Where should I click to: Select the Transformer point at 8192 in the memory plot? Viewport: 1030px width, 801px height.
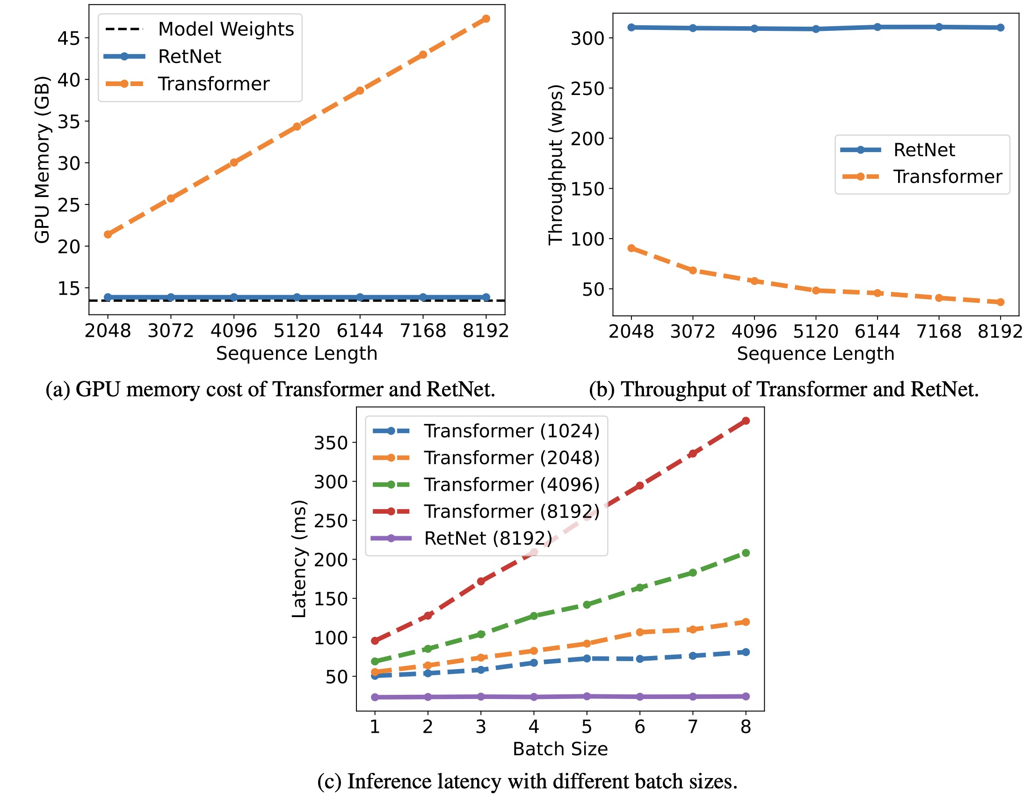pos(486,19)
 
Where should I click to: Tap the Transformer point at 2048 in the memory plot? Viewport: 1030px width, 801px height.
pos(108,234)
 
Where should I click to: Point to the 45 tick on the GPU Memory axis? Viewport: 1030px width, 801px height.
pos(69,38)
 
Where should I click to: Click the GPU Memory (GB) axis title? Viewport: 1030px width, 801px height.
pos(43,160)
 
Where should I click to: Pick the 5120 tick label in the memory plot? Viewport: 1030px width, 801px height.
pos(297,331)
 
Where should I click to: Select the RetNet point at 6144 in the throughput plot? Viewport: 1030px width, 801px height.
pos(878,27)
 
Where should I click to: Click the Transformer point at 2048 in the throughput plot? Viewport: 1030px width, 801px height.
pos(631,248)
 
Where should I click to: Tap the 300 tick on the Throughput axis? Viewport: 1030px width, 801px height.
pos(587,38)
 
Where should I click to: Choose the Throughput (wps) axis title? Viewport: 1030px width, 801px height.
pos(556,165)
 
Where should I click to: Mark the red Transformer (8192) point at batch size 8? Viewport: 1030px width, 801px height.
pos(746,421)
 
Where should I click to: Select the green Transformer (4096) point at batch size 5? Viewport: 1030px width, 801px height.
pos(587,604)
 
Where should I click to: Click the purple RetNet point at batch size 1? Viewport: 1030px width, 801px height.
pos(375,697)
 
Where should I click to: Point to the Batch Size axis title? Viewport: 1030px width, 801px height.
pos(560,749)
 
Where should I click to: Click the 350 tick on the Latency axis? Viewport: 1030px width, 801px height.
pos(331,444)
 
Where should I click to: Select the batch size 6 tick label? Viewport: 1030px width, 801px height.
pos(639,727)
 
